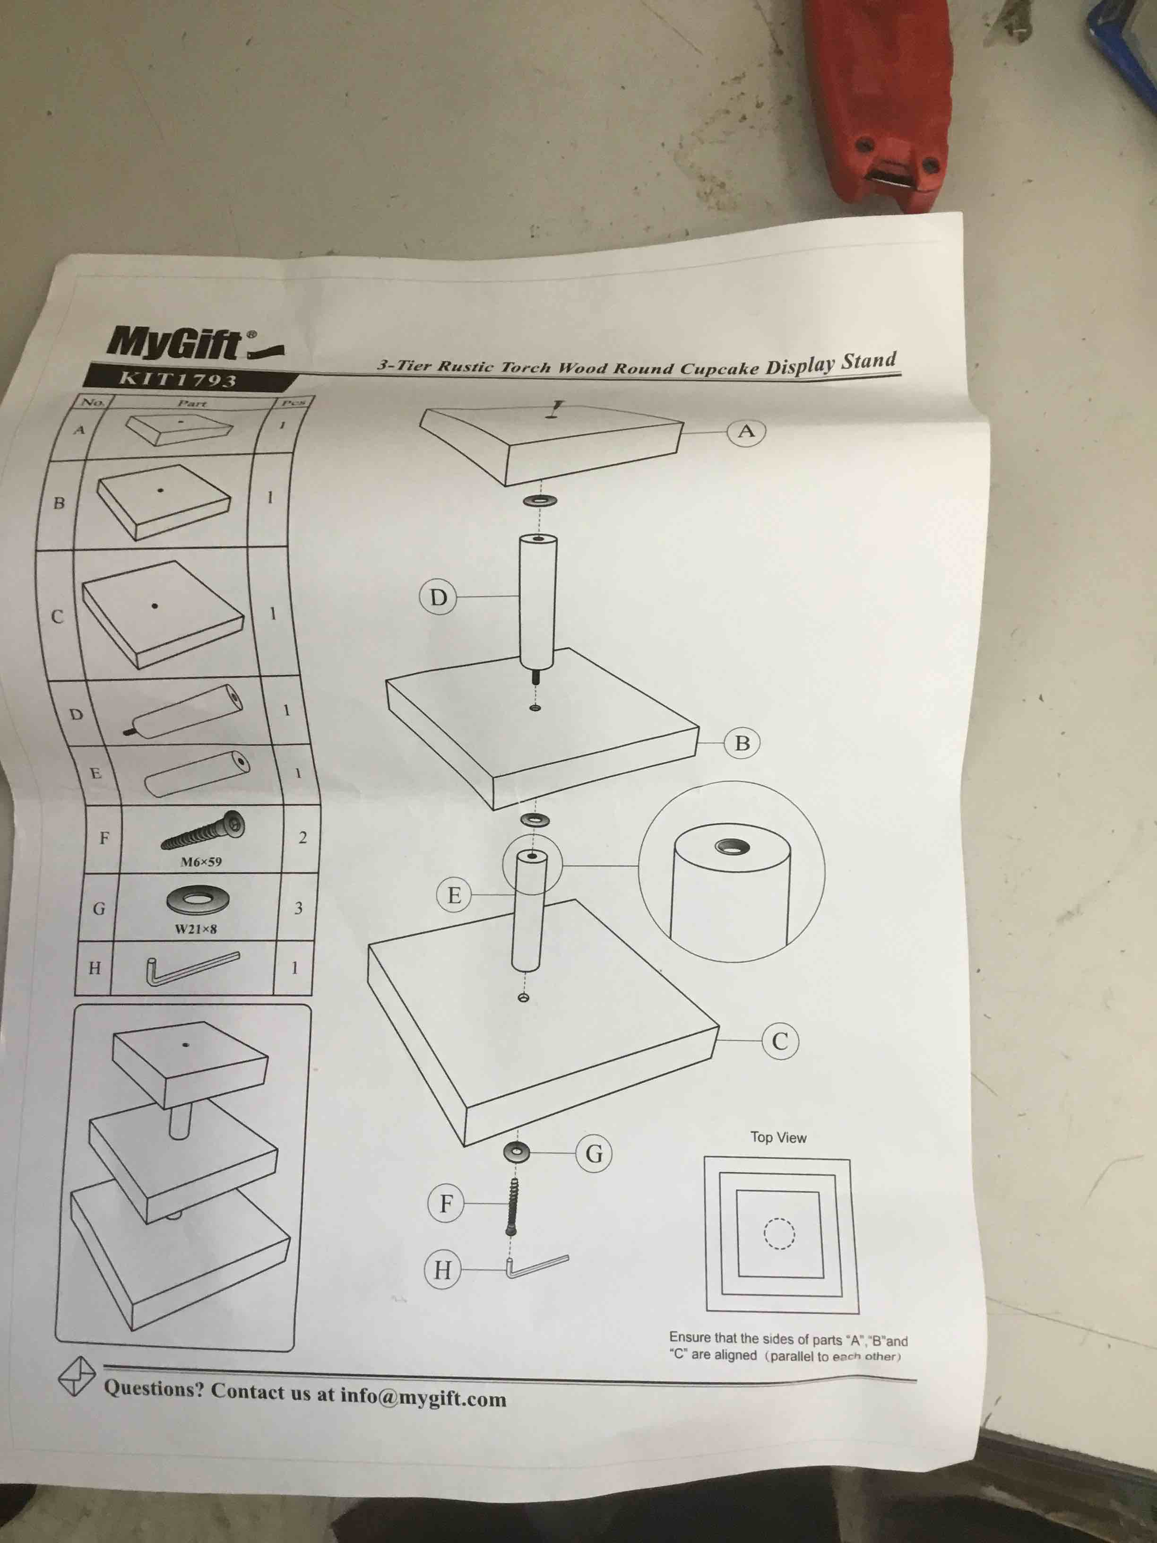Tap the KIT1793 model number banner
[179, 379]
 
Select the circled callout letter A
[746, 432]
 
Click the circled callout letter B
[742, 743]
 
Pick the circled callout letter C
[780, 1041]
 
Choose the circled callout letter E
[454, 895]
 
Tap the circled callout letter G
[594, 1154]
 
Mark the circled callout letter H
[443, 1270]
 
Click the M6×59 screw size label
[201, 861]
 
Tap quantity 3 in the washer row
[299, 908]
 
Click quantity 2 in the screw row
[302, 837]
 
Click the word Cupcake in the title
[720, 368]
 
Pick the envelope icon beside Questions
[76, 1376]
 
